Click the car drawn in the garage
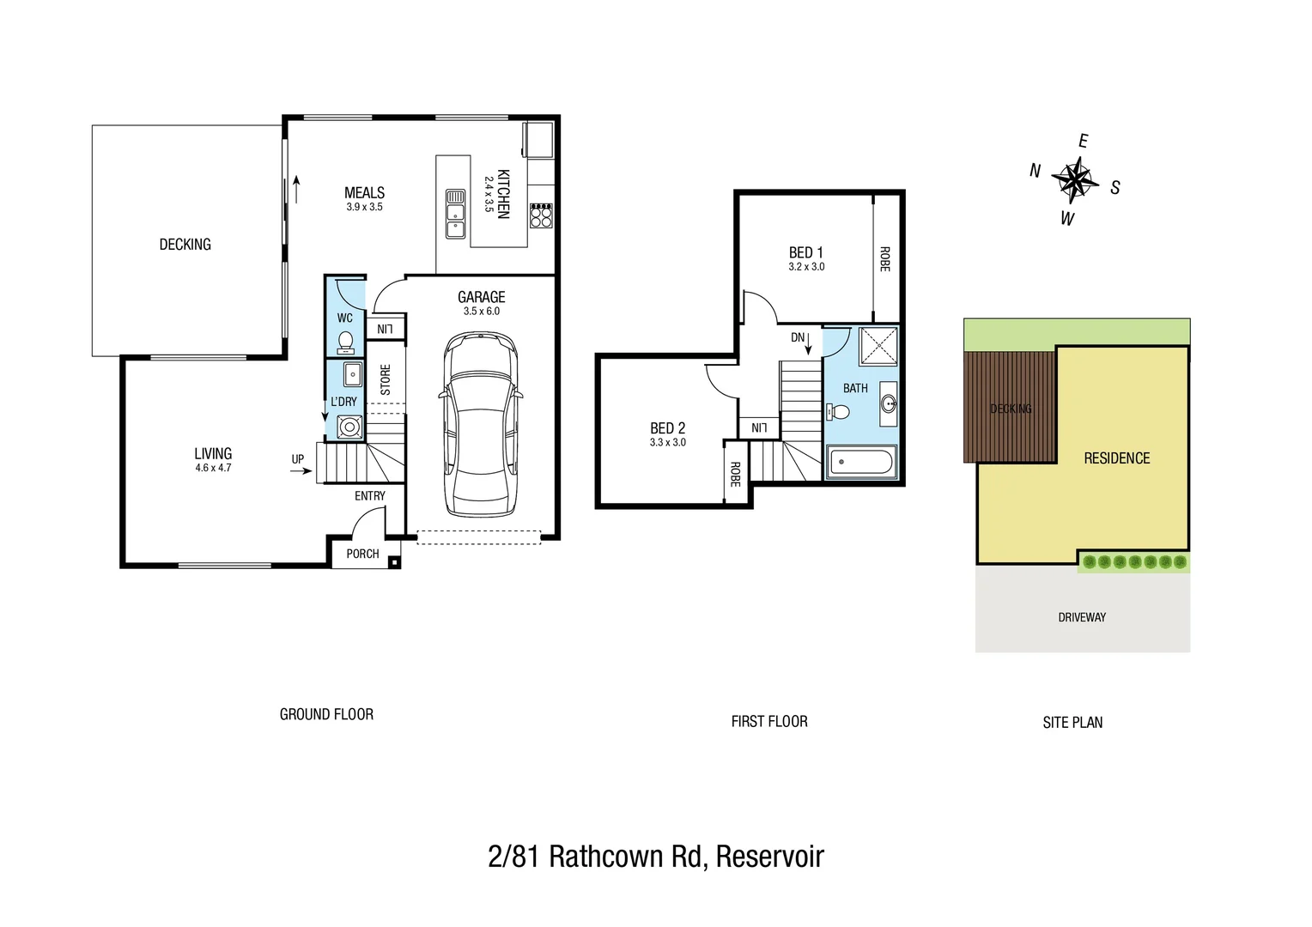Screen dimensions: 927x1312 (x=481, y=425)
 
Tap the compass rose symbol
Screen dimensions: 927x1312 (x=1074, y=180)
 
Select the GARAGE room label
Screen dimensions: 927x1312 (x=481, y=297)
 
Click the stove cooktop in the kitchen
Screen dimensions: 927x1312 (x=541, y=215)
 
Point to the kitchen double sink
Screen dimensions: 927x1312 (x=455, y=214)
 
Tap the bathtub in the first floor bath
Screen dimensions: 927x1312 (x=860, y=463)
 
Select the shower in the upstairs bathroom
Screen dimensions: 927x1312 (x=878, y=346)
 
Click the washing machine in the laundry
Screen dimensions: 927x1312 (x=349, y=427)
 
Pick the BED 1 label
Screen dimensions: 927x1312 (x=805, y=252)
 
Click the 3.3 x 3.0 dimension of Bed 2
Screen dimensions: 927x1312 (x=667, y=443)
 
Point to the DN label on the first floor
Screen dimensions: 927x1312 (x=798, y=337)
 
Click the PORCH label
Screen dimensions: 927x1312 (x=362, y=554)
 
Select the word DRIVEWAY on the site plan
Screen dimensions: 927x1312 (x=1081, y=617)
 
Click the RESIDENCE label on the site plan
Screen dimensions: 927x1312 (x=1116, y=458)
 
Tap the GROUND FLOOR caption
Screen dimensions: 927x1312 (x=326, y=714)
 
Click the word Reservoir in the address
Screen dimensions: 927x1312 (x=769, y=857)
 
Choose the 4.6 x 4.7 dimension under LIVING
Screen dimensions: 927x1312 (x=213, y=468)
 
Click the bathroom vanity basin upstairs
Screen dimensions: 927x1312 (x=889, y=403)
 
